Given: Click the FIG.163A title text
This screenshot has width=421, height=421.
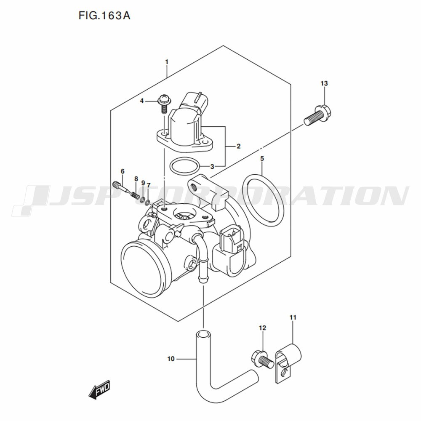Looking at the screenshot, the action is coord(104,16).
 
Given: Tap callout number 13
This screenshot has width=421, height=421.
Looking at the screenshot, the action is coord(324,83).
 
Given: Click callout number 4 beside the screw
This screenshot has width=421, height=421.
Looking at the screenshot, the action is coord(142,101).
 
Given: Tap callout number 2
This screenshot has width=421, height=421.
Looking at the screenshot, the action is coord(238,147).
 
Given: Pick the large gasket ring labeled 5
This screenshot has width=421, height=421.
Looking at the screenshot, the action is coord(263,200).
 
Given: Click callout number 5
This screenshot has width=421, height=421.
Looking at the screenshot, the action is coord(262,159).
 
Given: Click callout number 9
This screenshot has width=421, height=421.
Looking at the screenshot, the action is coord(143,183).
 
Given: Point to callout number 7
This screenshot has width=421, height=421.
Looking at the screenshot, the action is coord(149,185).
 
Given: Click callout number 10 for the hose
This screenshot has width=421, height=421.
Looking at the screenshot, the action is coord(171,359).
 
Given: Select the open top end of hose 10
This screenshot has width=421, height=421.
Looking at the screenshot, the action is coord(203,335).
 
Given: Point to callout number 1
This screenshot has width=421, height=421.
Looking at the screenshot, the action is coord(167,62).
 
